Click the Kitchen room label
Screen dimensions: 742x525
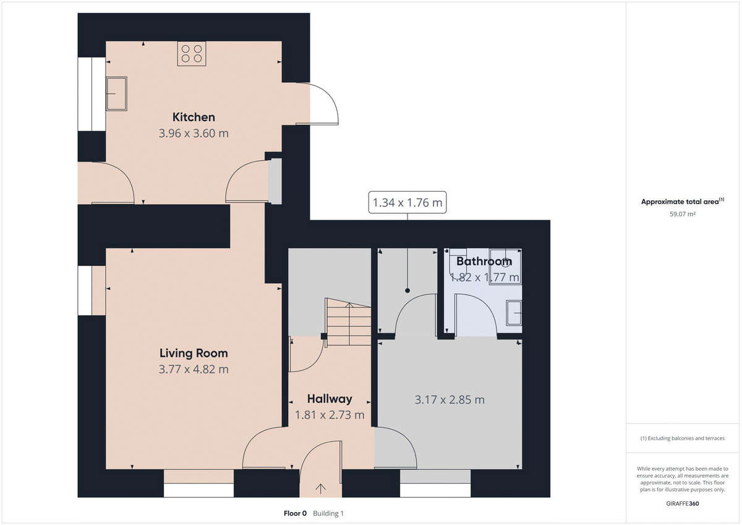pos(194,117)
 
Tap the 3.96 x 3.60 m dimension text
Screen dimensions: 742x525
pos(194,133)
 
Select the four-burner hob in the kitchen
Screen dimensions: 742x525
pos(192,54)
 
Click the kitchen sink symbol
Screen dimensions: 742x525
pos(117,94)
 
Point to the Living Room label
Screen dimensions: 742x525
pos(194,353)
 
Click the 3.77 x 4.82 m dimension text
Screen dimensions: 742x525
pos(194,369)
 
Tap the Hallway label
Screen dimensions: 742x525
pos(330,399)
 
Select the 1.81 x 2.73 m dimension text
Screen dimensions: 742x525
pos(330,415)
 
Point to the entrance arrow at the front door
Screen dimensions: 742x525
pos(320,489)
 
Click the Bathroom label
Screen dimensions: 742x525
pos(484,262)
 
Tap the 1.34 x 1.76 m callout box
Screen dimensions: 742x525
pos(407,202)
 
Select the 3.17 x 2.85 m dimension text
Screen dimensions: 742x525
pos(450,400)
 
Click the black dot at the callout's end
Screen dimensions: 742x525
pos(407,291)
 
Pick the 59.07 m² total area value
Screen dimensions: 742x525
pos(683,214)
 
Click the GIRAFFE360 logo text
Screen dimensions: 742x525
pos(683,504)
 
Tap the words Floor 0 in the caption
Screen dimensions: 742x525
pos(295,513)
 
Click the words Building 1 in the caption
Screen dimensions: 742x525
pos(328,513)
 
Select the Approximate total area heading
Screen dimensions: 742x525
pos(683,202)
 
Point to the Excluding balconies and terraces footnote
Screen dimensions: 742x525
pos(683,438)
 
